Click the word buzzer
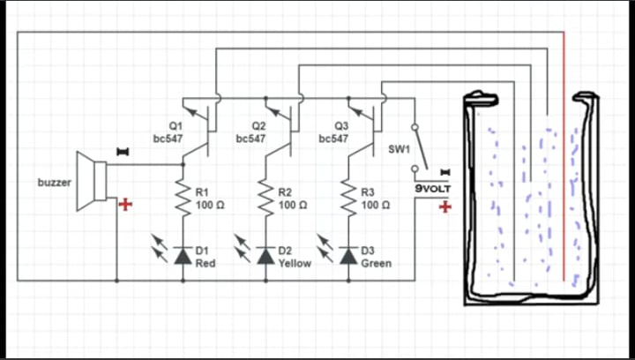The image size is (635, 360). coord(54,182)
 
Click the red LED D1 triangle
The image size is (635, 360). coord(184,256)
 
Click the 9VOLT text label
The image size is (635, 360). coord(433,189)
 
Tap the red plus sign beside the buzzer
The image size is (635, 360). coord(125,205)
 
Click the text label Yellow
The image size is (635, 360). coord(295,263)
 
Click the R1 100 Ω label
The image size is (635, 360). coord(207,198)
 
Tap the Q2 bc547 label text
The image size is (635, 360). coord(254,132)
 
